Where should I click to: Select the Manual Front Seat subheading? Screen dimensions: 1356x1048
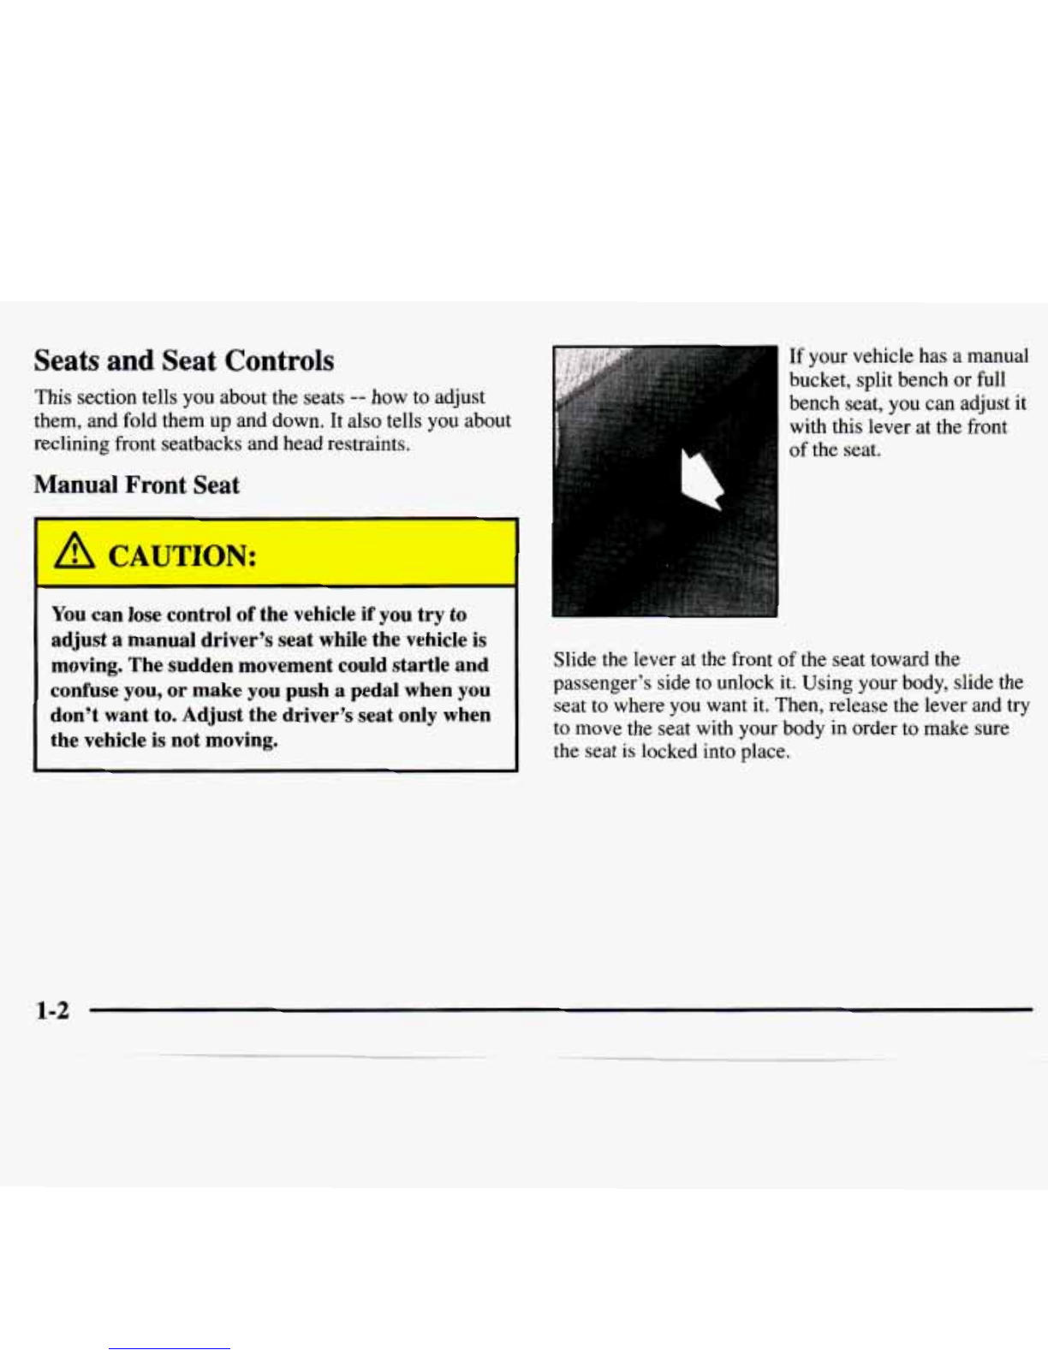coord(136,485)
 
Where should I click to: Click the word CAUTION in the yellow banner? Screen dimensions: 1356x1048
coord(182,557)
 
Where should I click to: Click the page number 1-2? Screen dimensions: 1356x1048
coord(51,1011)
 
